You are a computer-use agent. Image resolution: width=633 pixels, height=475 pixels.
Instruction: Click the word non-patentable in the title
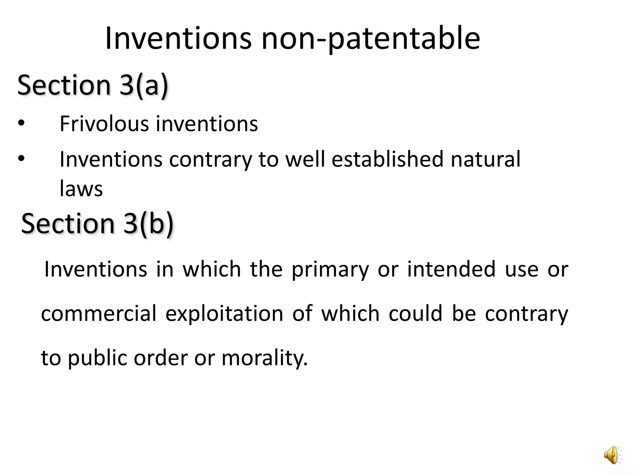point(371,39)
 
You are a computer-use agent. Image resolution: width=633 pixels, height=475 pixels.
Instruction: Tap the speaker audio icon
point(613,454)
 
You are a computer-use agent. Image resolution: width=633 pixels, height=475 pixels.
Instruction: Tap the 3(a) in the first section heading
point(144,85)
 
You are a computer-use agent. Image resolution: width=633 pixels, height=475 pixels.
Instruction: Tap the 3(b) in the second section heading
point(148,223)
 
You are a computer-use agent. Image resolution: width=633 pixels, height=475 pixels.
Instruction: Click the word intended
point(451,269)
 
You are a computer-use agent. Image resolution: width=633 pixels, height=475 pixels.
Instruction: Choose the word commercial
point(99,314)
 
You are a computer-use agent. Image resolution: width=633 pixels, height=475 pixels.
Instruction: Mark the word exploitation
point(224,314)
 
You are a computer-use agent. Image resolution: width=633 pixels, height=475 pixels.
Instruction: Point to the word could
point(415,314)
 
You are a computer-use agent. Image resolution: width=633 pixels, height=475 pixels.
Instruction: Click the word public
point(97,358)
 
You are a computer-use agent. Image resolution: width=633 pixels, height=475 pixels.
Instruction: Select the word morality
point(265,358)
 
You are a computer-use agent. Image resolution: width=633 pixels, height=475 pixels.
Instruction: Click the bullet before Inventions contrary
point(21,159)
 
